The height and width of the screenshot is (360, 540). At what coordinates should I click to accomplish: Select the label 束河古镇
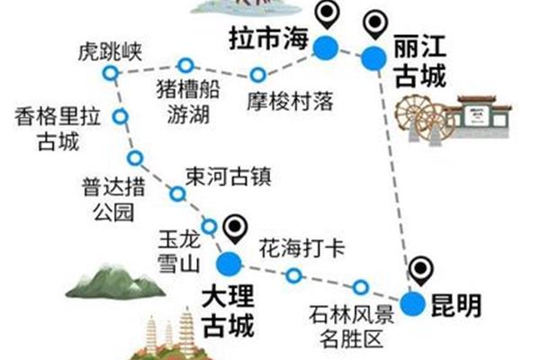[x=227, y=173]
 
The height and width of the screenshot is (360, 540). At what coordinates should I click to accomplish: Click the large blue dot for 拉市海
[x=324, y=47]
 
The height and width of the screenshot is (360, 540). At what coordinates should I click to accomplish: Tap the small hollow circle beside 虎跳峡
[x=110, y=73]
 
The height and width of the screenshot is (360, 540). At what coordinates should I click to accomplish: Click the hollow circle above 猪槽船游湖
[x=185, y=65]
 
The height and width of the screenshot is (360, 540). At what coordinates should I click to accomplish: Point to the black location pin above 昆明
[x=420, y=269]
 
